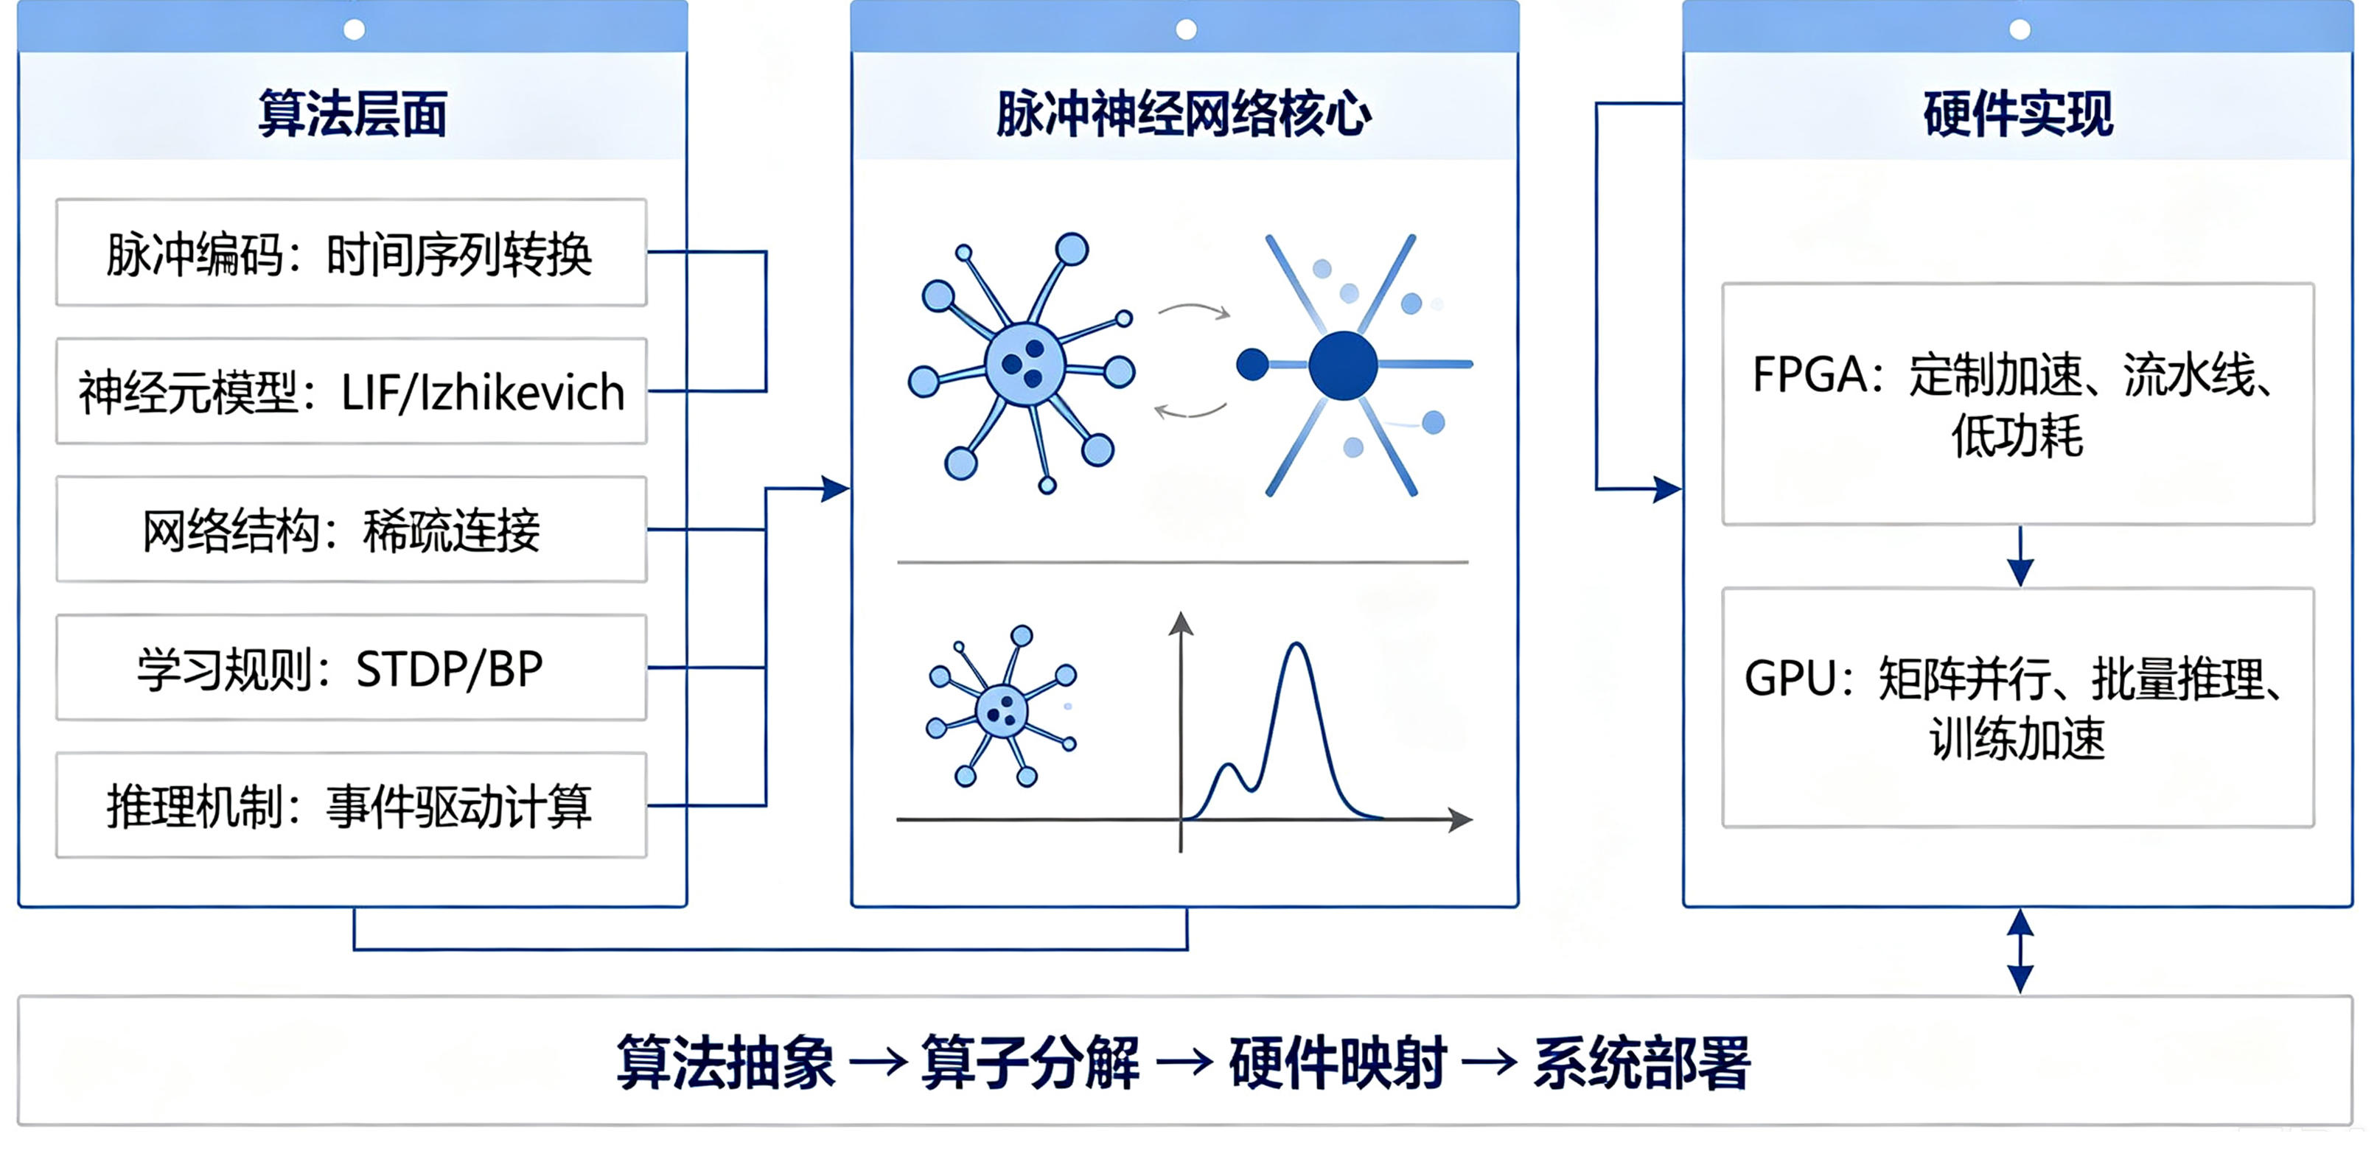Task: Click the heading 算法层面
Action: point(352,114)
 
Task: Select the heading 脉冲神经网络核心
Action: point(1184,114)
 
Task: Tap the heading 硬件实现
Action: point(2018,114)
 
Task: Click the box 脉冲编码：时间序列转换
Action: point(351,252)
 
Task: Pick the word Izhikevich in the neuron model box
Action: point(523,392)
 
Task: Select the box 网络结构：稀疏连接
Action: point(351,530)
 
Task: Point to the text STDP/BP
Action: point(450,669)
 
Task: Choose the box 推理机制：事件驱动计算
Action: point(351,805)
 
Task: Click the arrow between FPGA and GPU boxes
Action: point(2020,556)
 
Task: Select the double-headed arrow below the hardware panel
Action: point(2020,951)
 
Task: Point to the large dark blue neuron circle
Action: point(1343,365)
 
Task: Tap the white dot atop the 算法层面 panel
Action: point(353,29)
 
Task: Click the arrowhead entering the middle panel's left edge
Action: point(835,489)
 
